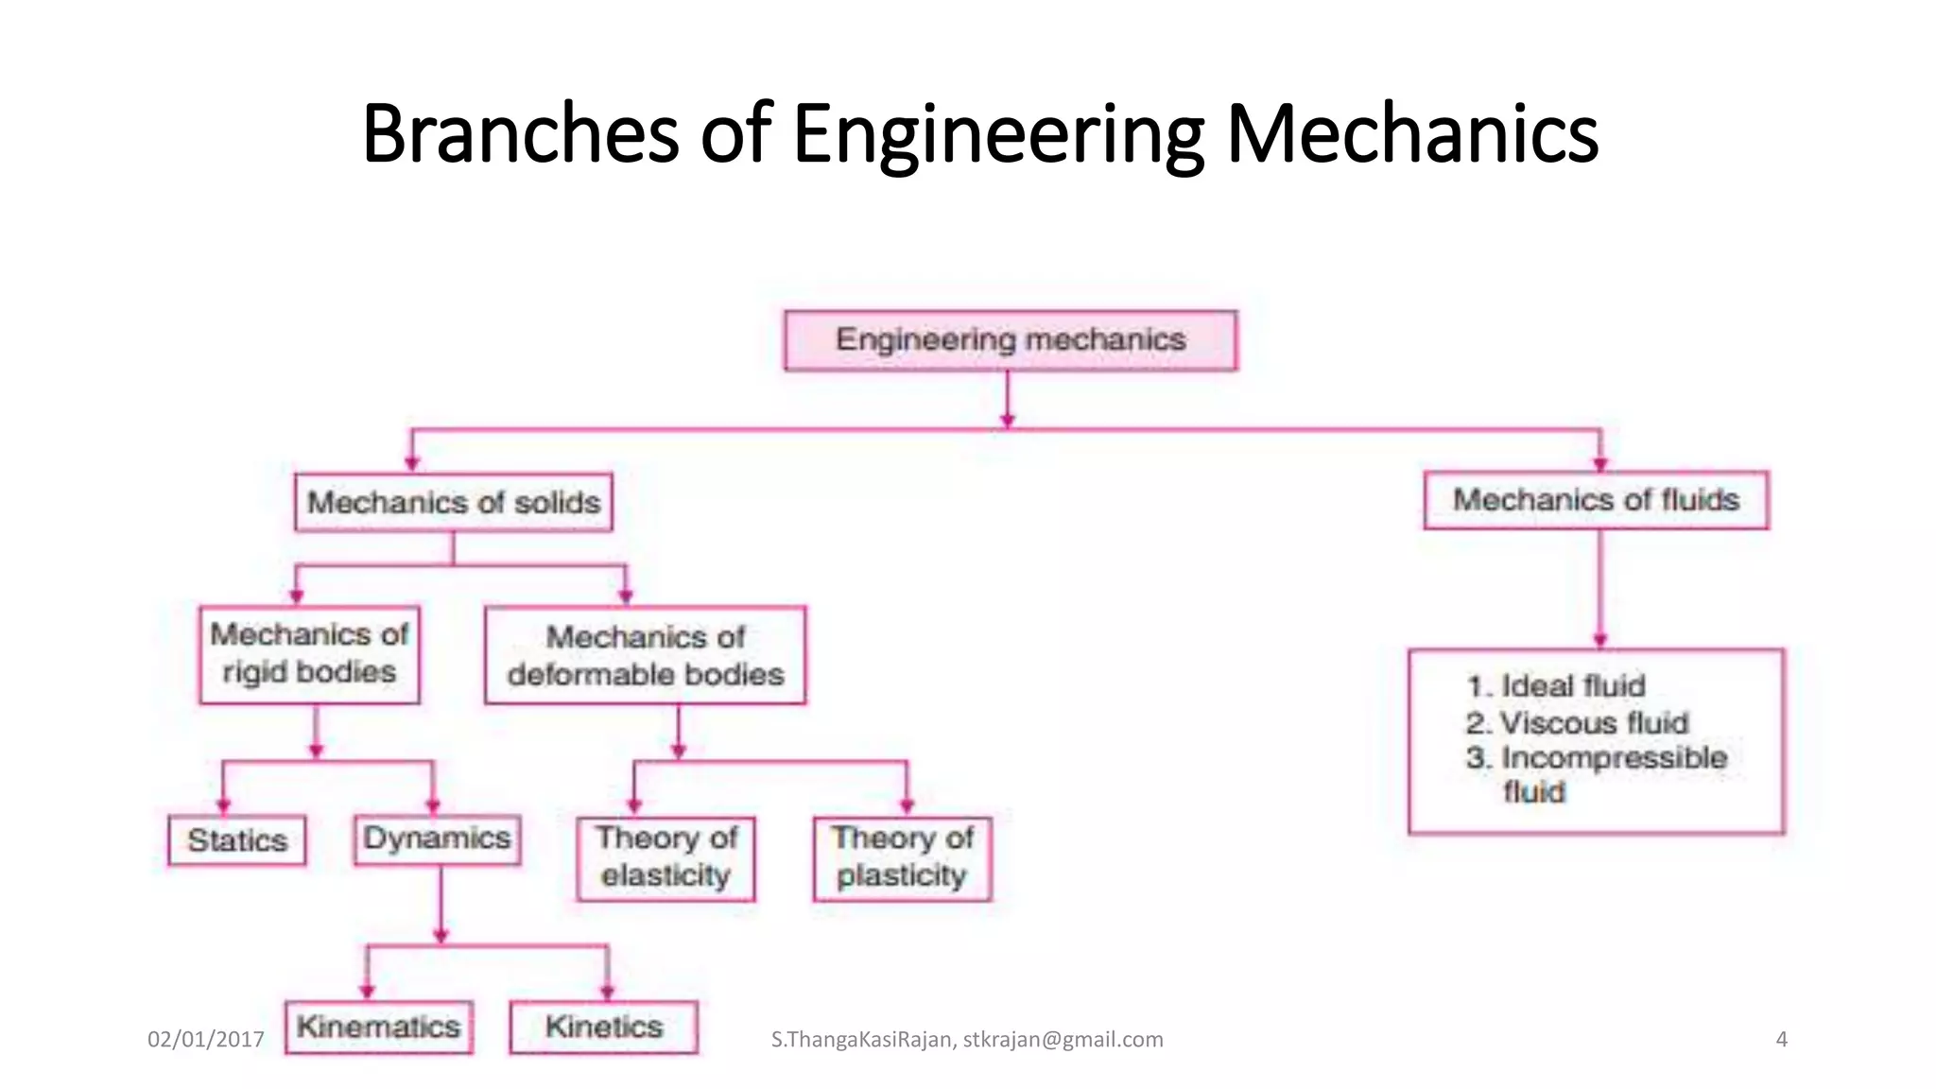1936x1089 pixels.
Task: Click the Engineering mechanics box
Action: (x=1011, y=340)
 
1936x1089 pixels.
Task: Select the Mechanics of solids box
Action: (x=454, y=502)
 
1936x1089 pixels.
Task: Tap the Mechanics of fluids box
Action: (x=1596, y=500)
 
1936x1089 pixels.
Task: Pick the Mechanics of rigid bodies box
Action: (x=309, y=654)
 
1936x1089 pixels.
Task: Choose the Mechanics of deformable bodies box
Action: (x=646, y=655)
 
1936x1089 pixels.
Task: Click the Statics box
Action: (x=237, y=840)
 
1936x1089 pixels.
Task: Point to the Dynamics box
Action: (x=437, y=839)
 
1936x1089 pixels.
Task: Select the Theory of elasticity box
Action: (x=666, y=857)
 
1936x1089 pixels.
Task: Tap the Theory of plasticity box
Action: (x=903, y=857)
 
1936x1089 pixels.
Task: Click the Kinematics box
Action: (x=378, y=1027)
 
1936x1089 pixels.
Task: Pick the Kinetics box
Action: (x=604, y=1027)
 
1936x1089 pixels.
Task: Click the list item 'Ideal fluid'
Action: (x=1573, y=686)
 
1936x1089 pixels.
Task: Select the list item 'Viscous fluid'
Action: (x=1594, y=723)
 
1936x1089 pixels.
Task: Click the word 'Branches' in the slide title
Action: (x=520, y=133)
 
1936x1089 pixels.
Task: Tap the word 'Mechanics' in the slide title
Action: (x=1411, y=133)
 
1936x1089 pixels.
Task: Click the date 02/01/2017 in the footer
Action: (x=206, y=1040)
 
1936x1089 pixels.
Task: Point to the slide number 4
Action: (x=1781, y=1040)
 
